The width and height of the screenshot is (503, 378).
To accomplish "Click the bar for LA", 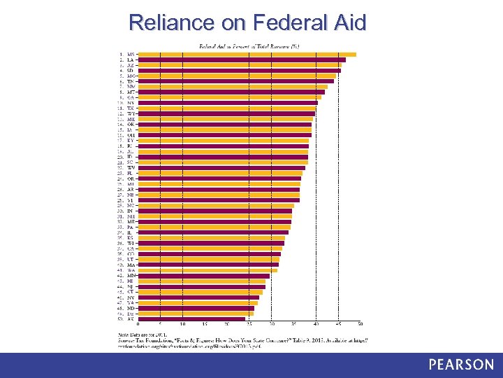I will [242, 60].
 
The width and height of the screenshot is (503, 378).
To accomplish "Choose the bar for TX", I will [227, 108].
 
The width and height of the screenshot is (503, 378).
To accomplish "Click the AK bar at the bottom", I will [191, 319].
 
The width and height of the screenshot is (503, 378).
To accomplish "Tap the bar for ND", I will [196, 308].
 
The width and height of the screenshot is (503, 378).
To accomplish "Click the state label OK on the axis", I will [131, 125].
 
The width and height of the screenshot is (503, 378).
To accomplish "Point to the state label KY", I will [131, 141].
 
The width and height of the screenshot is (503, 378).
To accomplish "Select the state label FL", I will [131, 173].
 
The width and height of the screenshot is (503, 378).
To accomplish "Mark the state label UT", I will [131, 260].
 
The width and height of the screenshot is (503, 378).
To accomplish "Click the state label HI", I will [131, 281].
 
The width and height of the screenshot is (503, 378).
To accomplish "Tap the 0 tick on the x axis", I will [138, 325].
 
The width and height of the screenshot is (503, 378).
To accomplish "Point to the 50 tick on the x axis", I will [360, 325].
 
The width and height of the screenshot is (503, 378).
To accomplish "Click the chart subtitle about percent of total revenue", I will [249, 46].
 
